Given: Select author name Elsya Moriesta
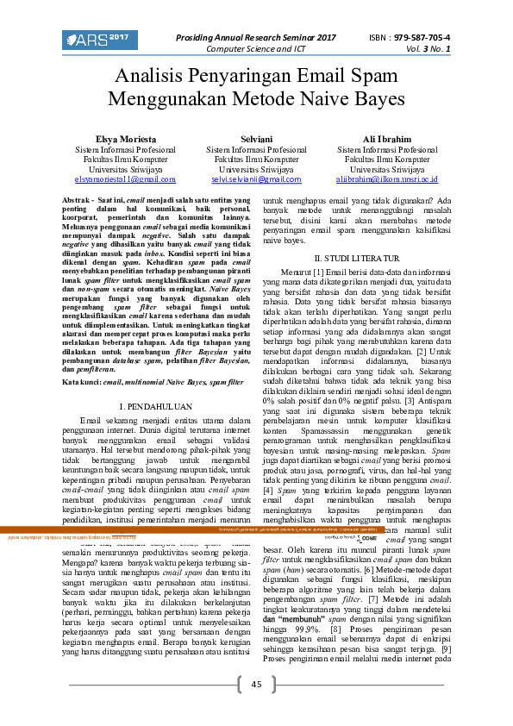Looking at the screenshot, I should click(126, 139).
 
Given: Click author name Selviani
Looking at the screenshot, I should click(256, 139).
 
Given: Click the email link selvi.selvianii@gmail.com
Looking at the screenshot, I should click(256, 179).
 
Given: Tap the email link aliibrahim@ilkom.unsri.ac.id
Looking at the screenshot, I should click(387, 179).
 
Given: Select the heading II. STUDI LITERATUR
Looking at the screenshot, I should click(357, 259).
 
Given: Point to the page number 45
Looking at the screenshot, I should click(256, 684).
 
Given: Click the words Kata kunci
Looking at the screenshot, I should click(81, 380).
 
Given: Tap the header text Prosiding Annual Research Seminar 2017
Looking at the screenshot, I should click(256, 38).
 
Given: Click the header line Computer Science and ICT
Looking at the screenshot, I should click(256, 49).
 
